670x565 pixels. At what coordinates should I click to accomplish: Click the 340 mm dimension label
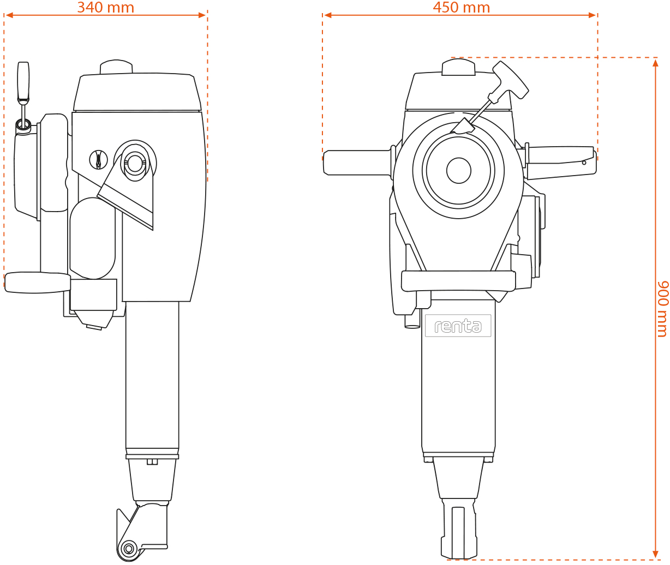point(105,8)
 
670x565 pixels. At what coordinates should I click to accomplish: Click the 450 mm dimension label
point(462,8)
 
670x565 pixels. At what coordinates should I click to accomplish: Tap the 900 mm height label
point(663,309)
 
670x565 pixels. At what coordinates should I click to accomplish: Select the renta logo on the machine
point(458,326)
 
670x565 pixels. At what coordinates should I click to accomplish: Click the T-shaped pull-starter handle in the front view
point(511,80)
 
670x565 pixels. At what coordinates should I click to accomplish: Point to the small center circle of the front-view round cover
point(458,170)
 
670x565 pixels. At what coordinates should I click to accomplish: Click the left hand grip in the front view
point(357,163)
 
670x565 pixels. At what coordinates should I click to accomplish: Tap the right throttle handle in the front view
point(560,163)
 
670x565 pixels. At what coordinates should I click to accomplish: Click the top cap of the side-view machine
point(116,67)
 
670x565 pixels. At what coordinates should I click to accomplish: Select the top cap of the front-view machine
point(458,67)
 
